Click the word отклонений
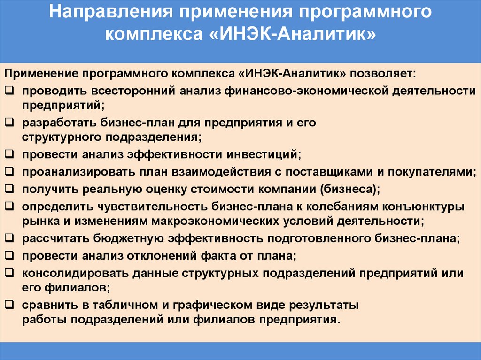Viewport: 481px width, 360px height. coord(177,256)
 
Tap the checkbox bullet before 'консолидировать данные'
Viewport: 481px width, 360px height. coord(9,273)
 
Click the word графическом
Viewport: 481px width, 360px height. coord(207,305)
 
